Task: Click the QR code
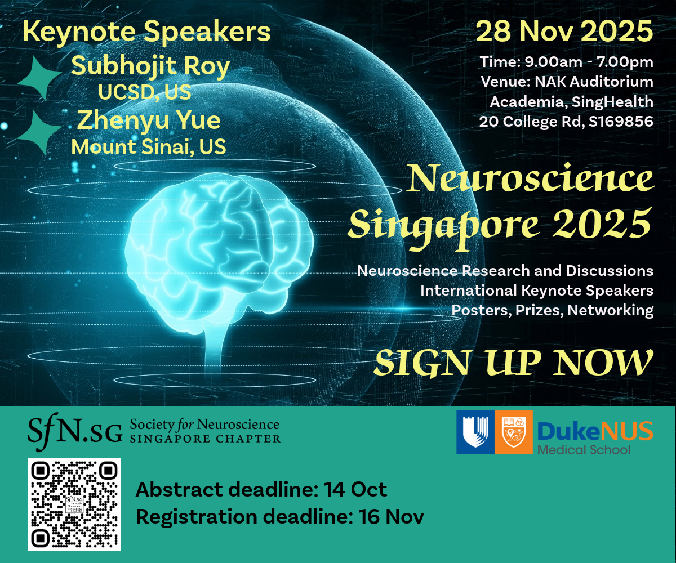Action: (x=74, y=504)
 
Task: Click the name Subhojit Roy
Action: (x=150, y=66)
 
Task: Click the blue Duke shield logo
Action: (x=474, y=431)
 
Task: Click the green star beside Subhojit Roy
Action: (x=39, y=79)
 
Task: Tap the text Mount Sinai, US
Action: (x=149, y=146)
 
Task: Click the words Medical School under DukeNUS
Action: (x=584, y=449)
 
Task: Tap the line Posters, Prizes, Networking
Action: (x=552, y=310)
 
